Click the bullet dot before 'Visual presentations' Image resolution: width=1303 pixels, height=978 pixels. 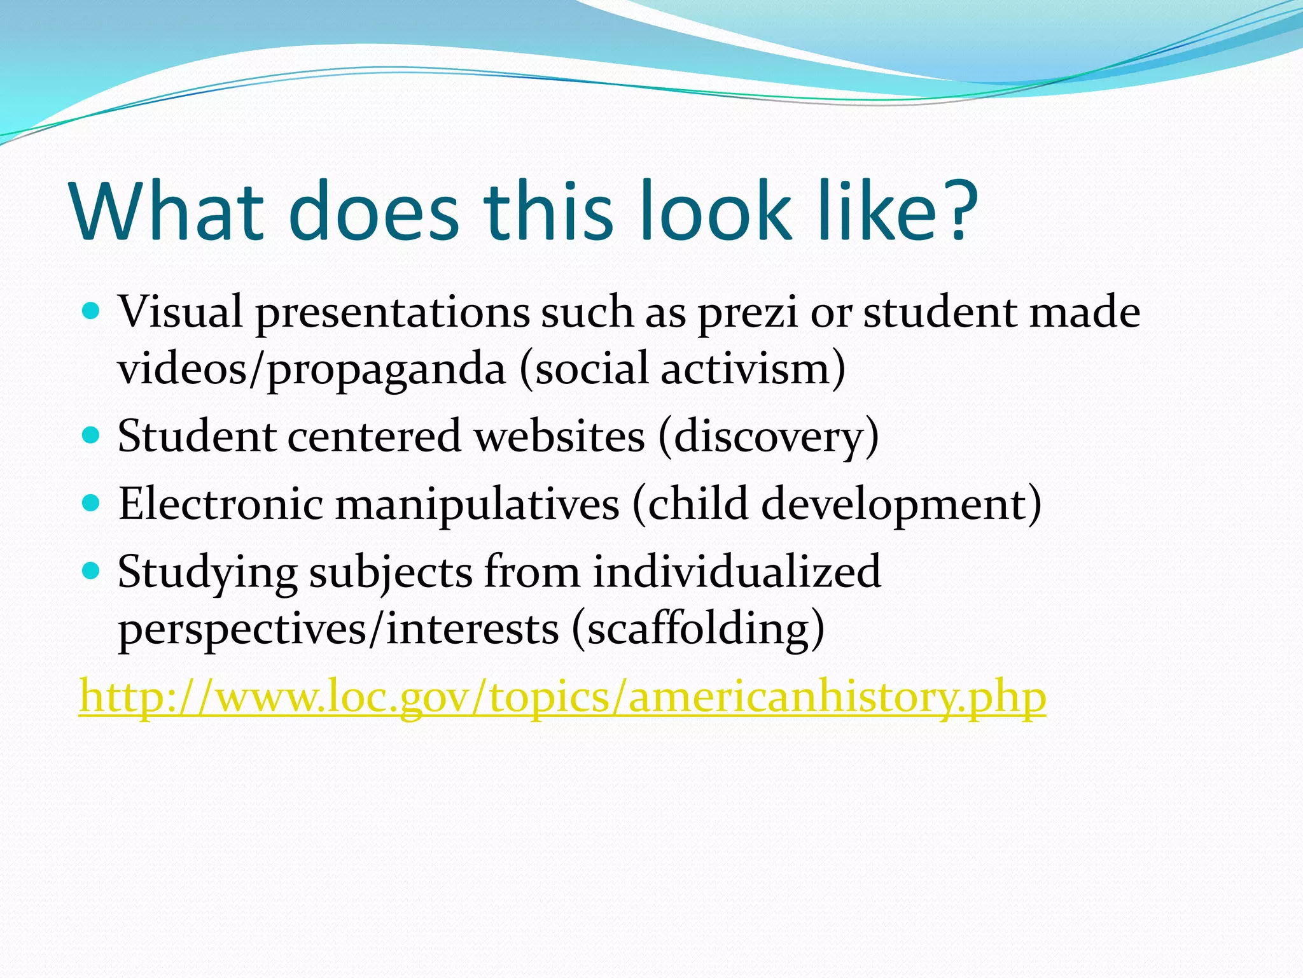[92, 311]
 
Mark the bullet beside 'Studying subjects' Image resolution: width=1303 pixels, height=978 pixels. [92, 570]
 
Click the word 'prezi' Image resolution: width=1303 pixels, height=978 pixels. [748, 313]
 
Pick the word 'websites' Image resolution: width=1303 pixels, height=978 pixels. [560, 437]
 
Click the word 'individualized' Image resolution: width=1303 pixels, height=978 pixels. [737, 572]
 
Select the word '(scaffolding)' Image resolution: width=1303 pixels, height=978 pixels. [698, 629]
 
